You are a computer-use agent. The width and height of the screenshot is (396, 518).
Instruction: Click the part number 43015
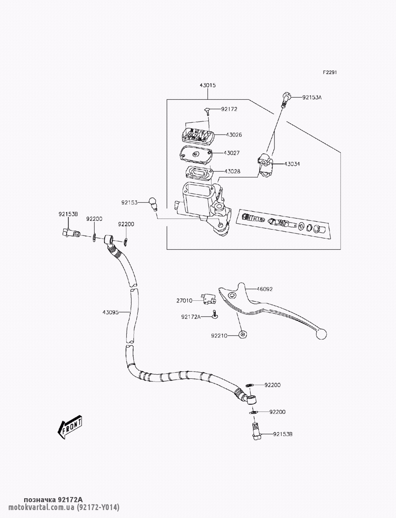pyautogui.click(x=208, y=85)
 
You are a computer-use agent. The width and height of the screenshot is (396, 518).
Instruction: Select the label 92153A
pyautogui.click(x=312, y=97)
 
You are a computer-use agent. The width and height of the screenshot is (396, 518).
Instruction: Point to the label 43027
pyautogui.click(x=232, y=153)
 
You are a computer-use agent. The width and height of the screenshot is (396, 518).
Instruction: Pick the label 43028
pyautogui.click(x=232, y=171)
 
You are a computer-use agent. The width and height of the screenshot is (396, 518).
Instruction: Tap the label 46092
pyautogui.click(x=264, y=289)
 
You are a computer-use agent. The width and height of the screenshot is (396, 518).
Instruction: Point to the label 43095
pyautogui.click(x=110, y=312)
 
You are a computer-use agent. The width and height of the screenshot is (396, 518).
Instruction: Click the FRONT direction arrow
pyautogui.click(x=70, y=427)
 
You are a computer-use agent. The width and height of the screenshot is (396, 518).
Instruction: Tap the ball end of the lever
pyautogui.click(x=322, y=334)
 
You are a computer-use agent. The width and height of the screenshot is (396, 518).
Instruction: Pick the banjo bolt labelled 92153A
pyautogui.click(x=286, y=99)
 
